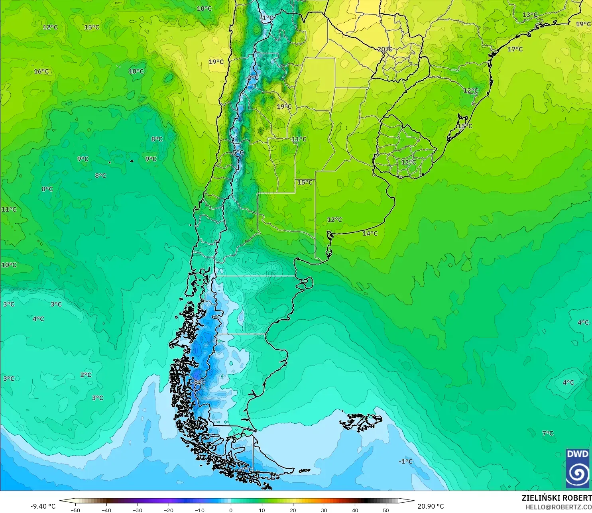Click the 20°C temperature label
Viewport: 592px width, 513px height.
coord(385,49)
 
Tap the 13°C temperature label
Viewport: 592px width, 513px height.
coord(530,15)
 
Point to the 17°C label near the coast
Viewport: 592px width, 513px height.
coord(515,49)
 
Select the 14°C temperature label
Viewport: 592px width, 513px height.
coord(370,233)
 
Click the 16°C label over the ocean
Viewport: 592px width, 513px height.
coord(41,71)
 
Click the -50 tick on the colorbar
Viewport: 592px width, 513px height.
coord(75,510)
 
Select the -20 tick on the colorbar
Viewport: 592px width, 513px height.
coord(169,510)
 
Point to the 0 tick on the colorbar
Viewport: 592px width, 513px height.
coord(231,510)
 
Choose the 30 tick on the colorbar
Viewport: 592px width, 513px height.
coord(324,510)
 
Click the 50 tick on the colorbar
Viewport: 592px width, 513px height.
coord(386,510)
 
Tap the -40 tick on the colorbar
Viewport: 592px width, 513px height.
coord(106,510)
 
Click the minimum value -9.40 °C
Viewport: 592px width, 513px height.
coord(43,506)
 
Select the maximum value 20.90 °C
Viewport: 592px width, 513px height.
coord(431,506)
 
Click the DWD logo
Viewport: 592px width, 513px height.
coord(578,468)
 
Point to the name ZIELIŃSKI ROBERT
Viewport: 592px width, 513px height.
coord(557,498)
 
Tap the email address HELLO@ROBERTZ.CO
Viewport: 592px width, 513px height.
coord(558,507)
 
